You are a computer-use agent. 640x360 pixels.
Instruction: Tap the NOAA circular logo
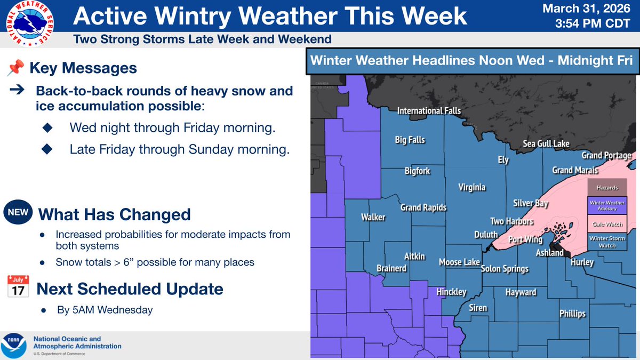pos(14,346)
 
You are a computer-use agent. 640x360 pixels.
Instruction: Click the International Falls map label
pos(429,111)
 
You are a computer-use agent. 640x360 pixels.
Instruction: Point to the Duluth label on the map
pos(486,234)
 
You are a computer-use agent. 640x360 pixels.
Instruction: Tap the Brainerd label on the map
pos(391,268)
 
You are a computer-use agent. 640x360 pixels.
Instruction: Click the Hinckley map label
pos(451,292)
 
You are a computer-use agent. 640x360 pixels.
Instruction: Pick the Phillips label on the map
pos(572,314)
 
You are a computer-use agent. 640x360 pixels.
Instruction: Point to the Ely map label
pos(503,159)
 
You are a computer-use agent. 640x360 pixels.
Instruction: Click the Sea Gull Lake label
pos(546,143)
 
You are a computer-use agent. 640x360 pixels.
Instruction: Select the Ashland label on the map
pos(549,253)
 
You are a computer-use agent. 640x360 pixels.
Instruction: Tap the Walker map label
pos(373,217)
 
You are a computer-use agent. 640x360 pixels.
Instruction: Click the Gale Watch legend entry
pos(607,222)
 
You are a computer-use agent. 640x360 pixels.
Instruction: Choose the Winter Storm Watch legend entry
pos(607,242)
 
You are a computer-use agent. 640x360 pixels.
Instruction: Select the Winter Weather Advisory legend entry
pos(607,205)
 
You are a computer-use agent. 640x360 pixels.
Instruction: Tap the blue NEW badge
pos(18,212)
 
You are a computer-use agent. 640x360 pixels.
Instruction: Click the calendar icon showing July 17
pos(18,287)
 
